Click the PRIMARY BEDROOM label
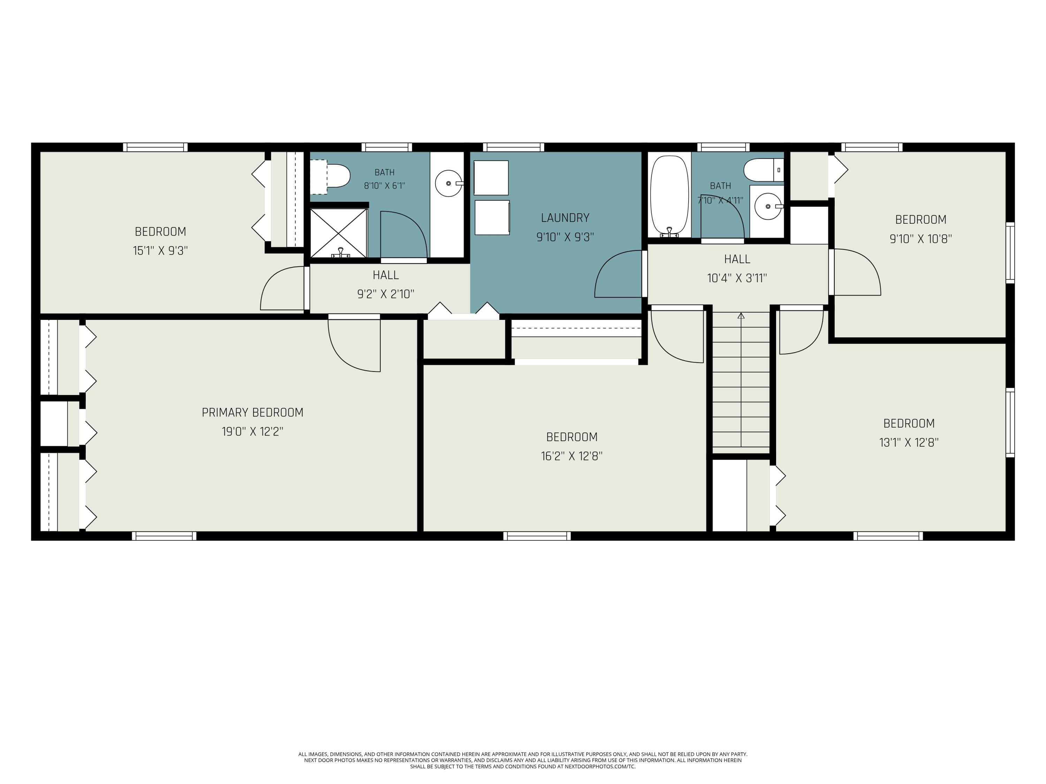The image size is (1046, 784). coord(252,413)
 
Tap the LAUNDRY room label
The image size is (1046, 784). coord(565,218)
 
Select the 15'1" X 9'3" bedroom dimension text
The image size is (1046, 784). coord(160,251)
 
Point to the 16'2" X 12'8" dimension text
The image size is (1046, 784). coord(572,456)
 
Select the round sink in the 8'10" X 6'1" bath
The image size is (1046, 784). coord(448,183)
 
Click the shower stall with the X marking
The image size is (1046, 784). coord(339,234)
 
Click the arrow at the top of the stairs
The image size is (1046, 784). coord(741,316)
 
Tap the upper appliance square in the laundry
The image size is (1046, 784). coord(491,178)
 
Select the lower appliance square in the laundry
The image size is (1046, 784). coord(492,217)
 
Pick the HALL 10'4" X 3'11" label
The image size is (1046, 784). coord(737,268)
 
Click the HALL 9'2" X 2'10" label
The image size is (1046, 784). coord(386,284)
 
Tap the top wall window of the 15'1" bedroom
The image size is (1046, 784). coord(156,147)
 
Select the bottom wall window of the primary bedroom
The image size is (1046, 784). coord(164,536)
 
